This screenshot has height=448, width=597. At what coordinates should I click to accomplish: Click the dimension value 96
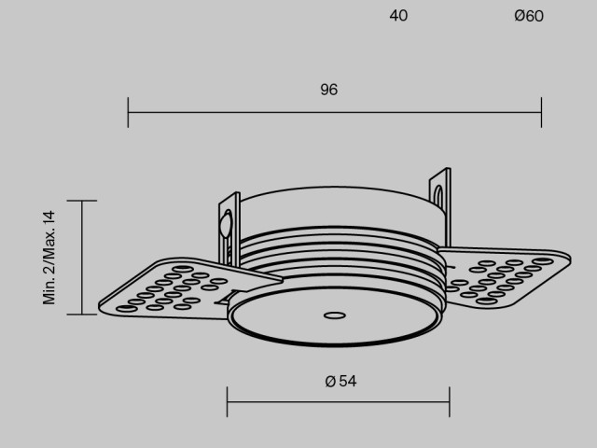click(328, 91)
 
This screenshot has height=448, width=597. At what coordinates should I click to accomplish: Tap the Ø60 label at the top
click(528, 16)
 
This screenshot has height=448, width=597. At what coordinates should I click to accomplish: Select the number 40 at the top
click(398, 16)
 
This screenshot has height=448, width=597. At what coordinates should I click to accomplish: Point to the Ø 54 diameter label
click(340, 381)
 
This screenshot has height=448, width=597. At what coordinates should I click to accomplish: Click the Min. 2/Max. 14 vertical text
click(50, 257)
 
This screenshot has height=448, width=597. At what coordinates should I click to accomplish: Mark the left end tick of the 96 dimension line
click(128, 112)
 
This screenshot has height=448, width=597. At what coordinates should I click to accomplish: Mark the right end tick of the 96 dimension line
click(541, 112)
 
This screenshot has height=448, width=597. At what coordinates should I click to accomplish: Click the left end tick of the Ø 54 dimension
click(228, 402)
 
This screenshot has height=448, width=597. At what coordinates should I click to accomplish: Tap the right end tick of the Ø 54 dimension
click(450, 402)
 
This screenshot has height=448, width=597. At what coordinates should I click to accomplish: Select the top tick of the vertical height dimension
click(82, 201)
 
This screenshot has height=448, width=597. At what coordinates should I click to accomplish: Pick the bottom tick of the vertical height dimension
click(82, 315)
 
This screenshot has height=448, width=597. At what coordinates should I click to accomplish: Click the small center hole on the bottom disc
click(329, 315)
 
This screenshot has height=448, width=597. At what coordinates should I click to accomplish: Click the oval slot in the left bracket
click(224, 225)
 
